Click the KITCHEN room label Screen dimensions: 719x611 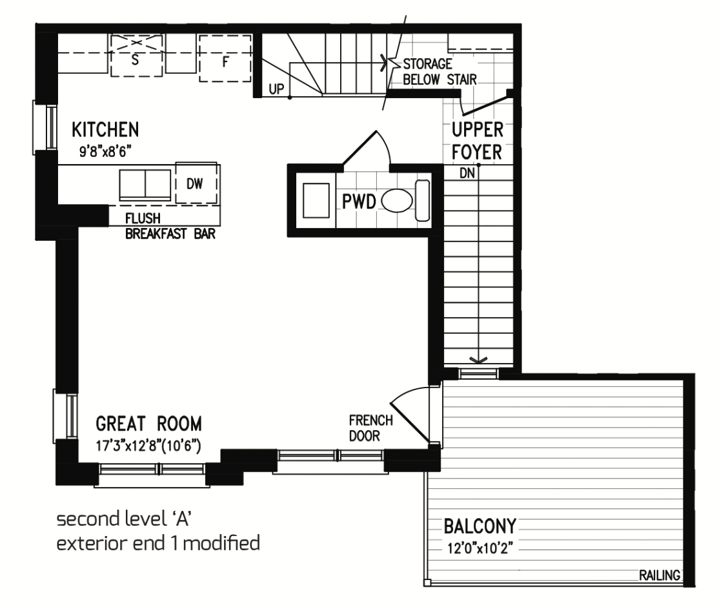[105, 130]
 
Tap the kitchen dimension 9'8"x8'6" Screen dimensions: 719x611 [103, 152]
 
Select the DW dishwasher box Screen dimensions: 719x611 [196, 183]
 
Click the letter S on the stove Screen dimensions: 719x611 [135, 60]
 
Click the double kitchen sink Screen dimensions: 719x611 [145, 185]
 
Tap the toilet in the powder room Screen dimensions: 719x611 [405, 201]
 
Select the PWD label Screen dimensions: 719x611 [359, 202]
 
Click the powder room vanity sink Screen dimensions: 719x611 [316, 200]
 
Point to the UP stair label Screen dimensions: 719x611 [276, 89]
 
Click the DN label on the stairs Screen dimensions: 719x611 [467, 173]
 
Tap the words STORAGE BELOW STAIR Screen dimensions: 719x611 [440, 72]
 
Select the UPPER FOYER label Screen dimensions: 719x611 [478, 141]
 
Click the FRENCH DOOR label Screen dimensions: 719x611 [371, 428]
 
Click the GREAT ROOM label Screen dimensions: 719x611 [148, 424]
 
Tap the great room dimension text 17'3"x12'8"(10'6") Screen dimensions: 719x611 [148, 446]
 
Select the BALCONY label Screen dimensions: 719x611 [480, 526]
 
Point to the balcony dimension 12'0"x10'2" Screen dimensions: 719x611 [480, 548]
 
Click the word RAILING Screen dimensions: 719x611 [660, 575]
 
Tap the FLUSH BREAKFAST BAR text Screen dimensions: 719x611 [170, 226]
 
